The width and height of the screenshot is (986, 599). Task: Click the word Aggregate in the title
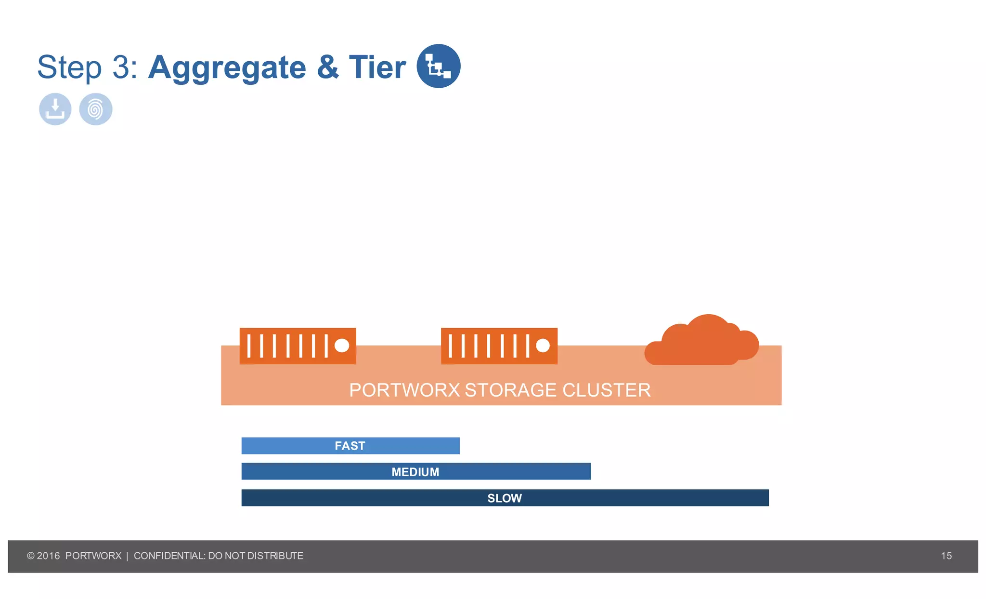point(227,67)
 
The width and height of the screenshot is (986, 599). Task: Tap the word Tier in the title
point(377,67)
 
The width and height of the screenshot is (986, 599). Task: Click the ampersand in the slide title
point(328,67)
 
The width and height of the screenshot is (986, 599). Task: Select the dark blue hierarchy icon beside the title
point(438,66)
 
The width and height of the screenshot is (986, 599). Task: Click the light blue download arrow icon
point(55,109)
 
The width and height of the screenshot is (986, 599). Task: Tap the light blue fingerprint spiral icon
point(96,109)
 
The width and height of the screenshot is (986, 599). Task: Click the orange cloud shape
point(701,342)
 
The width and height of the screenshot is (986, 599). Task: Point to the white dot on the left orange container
point(342,346)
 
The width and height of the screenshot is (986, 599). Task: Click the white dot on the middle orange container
point(543,346)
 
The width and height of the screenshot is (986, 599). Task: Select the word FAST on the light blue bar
point(350,446)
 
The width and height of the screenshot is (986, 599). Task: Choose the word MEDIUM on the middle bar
point(415,472)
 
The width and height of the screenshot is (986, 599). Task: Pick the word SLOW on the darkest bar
point(505,498)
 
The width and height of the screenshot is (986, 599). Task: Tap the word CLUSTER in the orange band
point(606,390)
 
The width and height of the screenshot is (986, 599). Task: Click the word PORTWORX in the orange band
point(404,390)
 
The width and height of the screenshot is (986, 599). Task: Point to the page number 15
point(946,556)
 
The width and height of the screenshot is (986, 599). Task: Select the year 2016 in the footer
point(48,556)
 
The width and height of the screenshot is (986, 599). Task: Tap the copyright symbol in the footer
point(31,556)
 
